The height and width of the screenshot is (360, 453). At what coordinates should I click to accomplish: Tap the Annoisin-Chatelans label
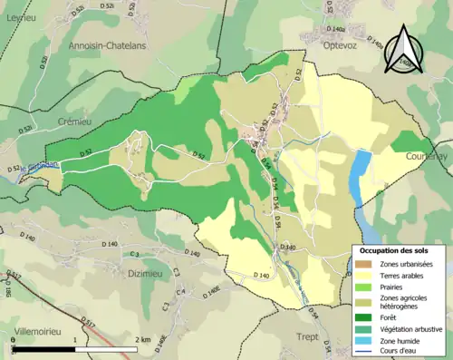coord(108,44)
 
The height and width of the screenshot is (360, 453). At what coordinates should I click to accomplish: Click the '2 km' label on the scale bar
coord(140,341)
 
